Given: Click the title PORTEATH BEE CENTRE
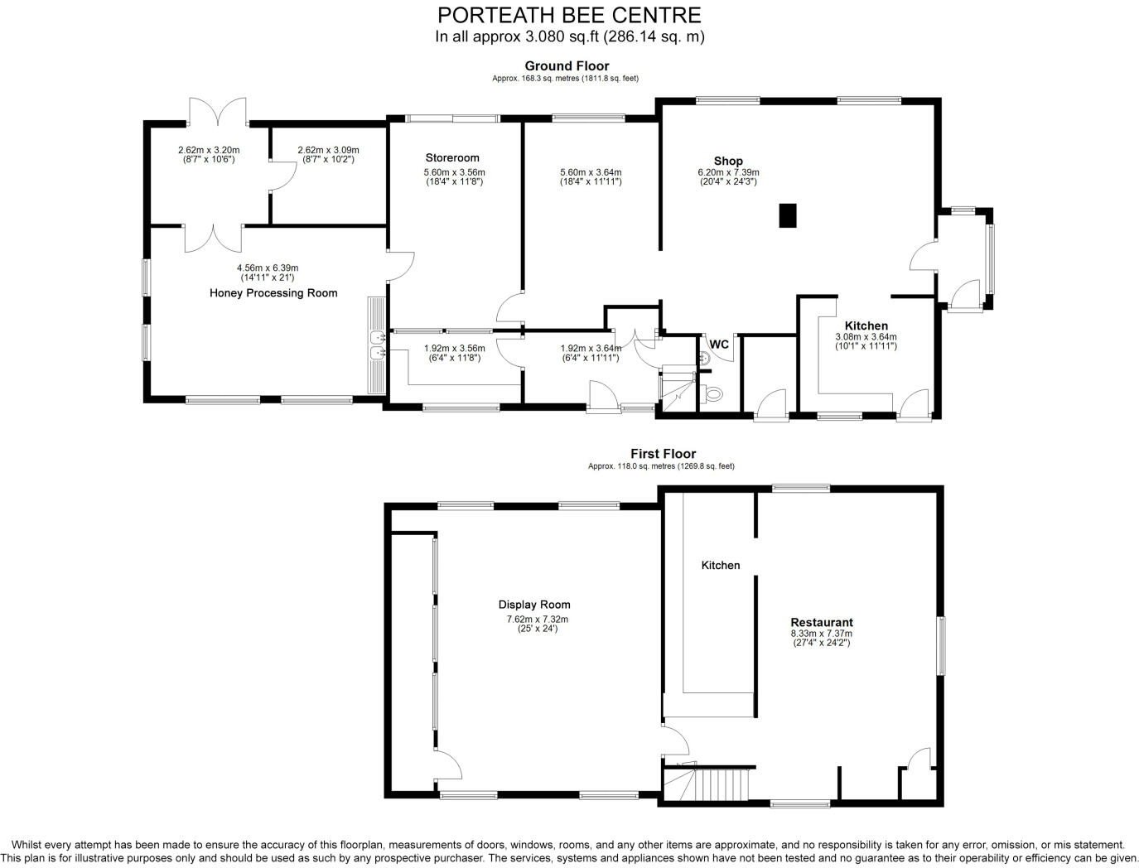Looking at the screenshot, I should pyautogui.click(x=569, y=15).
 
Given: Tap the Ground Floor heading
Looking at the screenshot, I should pyautogui.click(x=567, y=66).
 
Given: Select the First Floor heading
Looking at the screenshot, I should pyautogui.click(x=663, y=454).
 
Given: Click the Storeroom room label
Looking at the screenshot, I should pyautogui.click(x=452, y=157).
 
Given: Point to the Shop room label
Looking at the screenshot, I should pyautogui.click(x=728, y=161).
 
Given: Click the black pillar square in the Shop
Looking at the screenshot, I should pyautogui.click(x=787, y=215).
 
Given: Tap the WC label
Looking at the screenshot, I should pyautogui.click(x=719, y=344).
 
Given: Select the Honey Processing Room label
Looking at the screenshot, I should pyautogui.click(x=273, y=292).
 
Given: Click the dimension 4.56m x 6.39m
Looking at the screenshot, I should pyautogui.click(x=268, y=268).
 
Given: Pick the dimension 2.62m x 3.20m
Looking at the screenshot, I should pyautogui.click(x=209, y=150).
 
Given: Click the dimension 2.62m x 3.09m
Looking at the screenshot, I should pyautogui.click(x=328, y=150).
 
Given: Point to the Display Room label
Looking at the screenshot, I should pyautogui.click(x=534, y=605).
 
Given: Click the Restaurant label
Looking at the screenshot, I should pyautogui.click(x=821, y=622).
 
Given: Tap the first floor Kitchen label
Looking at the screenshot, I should pyautogui.click(x=721, y=565).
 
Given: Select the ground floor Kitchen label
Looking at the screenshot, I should pyautogui.click(x=866, y=325).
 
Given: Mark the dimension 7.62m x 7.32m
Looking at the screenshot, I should pyautogui.click(x=538, y=619).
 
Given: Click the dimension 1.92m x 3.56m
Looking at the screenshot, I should pyautogui.click(x=454, y=349).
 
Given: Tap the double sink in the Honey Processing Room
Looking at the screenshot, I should pyautogui.click(x=377, y=346).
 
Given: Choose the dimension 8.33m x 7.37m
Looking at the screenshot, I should pyautogui.click(x=821, y=634).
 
